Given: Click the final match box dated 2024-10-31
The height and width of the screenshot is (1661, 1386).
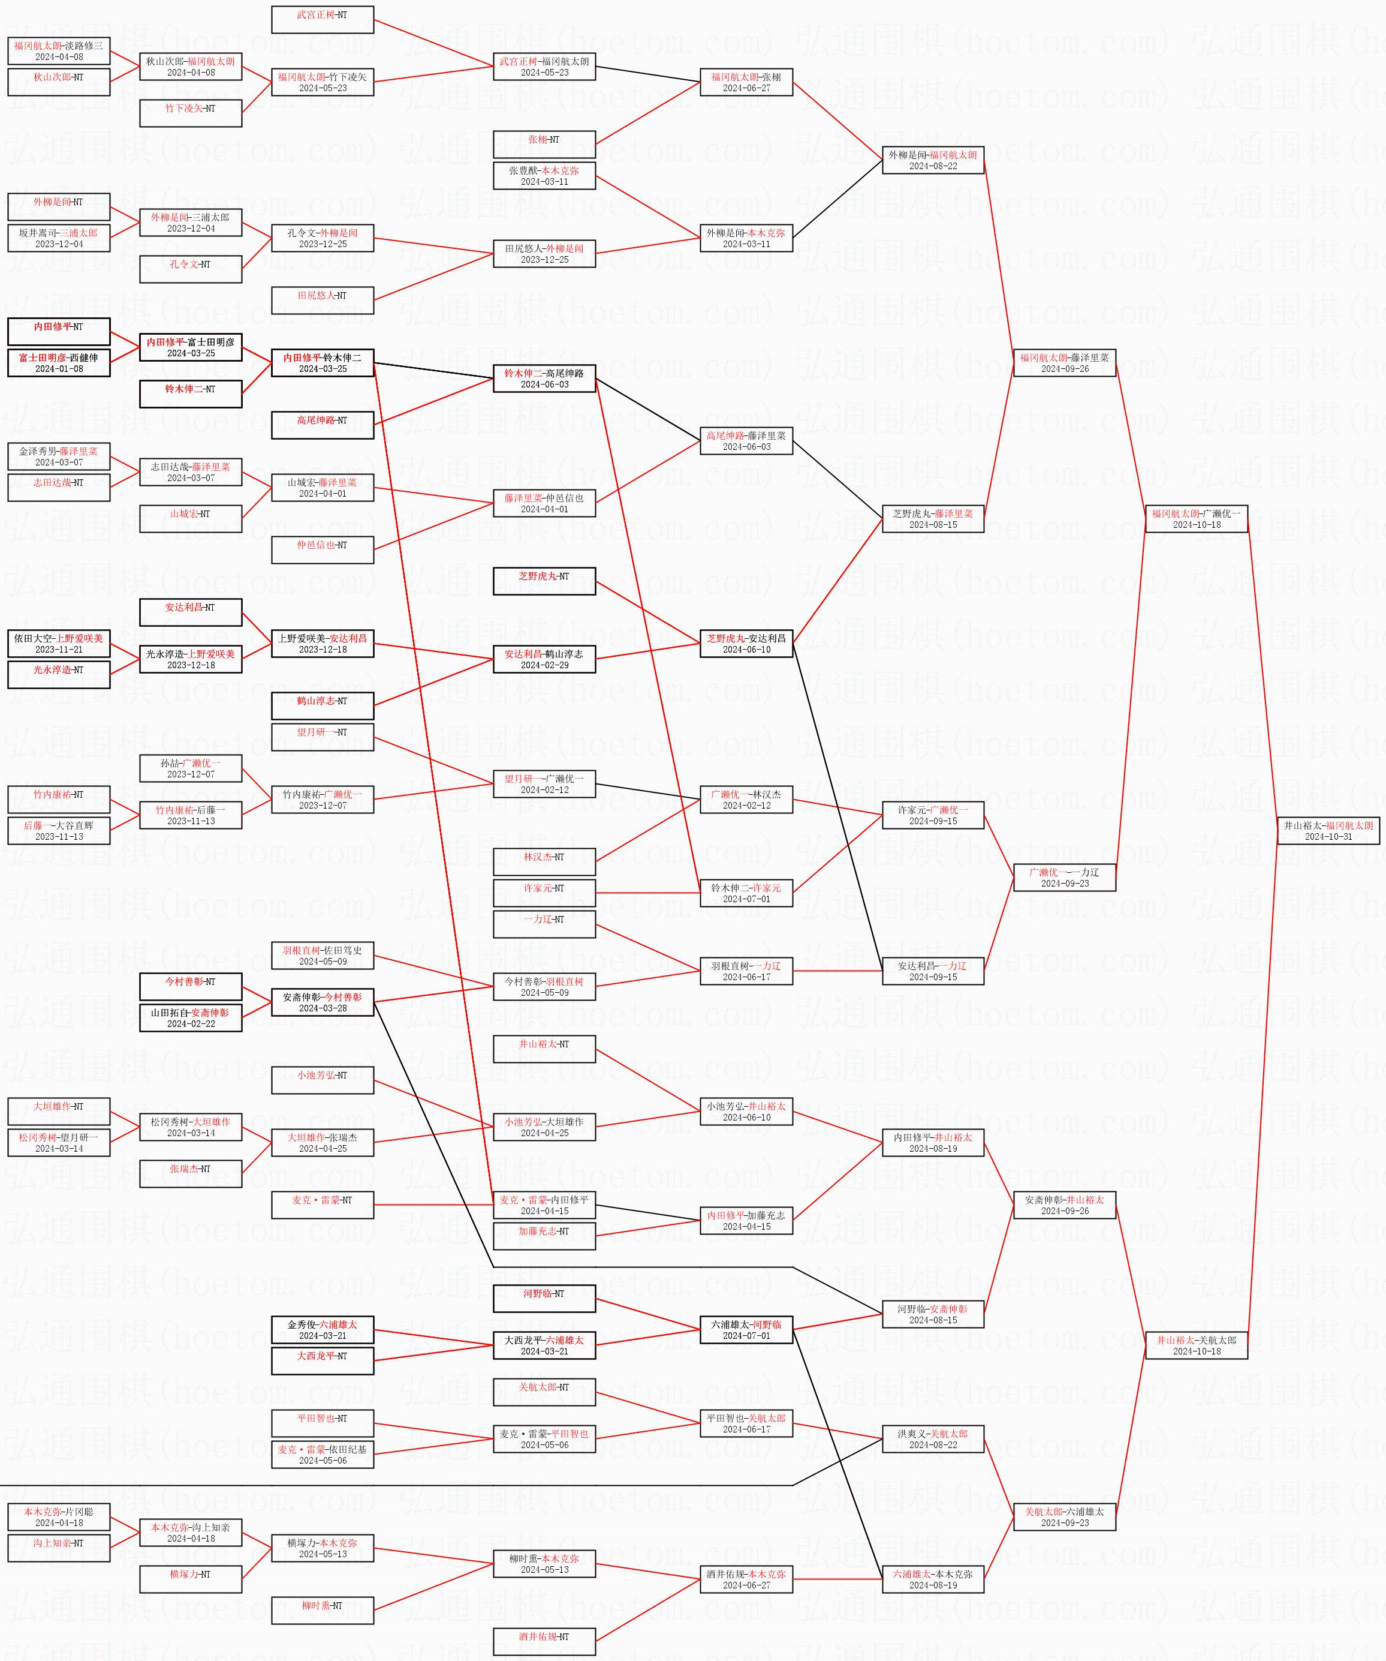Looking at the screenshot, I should tap(1328, 830).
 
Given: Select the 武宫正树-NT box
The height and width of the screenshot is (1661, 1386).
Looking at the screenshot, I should tap(323, 20).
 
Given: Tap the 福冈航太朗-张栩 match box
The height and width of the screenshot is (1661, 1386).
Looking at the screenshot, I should tap(746, 82).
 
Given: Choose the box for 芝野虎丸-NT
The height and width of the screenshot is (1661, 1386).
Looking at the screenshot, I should tap(544, 581).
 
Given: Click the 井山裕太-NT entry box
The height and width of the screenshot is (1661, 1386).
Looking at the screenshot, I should tap(544, 1049).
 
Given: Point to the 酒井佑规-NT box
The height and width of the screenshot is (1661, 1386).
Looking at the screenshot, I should tap(544, 1642).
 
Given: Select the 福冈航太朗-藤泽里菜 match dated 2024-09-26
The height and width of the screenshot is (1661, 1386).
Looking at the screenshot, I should tap(1064, 363).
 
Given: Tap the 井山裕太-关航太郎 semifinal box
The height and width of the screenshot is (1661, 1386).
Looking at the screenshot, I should tap(1196, 1345).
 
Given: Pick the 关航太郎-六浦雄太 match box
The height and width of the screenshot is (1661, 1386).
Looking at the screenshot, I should tap(1064, 1517).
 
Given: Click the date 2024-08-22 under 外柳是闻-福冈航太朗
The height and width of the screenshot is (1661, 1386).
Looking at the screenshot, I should tap(933, 166).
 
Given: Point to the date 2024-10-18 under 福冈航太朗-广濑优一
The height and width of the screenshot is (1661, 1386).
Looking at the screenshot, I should tap(1196, 524).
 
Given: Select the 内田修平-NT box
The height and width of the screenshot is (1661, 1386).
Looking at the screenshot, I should tap(59, 331).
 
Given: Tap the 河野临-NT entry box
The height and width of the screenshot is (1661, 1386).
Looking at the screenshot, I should tap(544, 1299).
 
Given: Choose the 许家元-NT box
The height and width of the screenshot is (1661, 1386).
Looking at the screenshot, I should tap(544, 893).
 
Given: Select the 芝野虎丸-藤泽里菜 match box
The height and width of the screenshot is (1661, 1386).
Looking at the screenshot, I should tap(933, 519).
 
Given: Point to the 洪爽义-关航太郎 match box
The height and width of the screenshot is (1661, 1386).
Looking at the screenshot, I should tap(933, 1438).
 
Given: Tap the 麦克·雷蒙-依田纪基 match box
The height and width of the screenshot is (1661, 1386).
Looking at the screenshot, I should tap(323, 1455).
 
